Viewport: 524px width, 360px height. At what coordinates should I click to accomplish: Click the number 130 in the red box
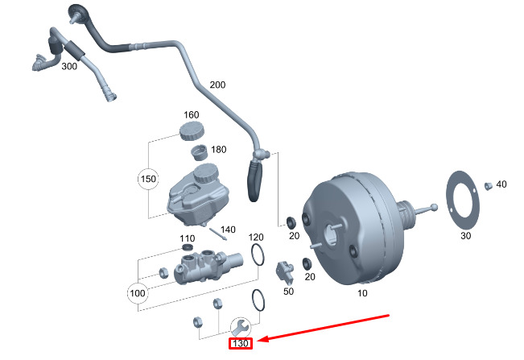tap(240, 344)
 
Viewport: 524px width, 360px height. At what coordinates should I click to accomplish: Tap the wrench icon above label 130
tap(239, 326)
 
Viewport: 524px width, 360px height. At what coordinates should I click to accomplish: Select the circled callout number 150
tap(147, 179)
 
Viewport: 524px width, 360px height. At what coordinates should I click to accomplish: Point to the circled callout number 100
tap(138, 293)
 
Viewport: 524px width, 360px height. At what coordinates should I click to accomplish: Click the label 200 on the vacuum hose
tap(218, 85)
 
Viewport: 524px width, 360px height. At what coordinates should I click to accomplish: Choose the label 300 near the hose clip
tap(69, 66)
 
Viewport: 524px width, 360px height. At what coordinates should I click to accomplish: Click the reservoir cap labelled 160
tap(191, 131)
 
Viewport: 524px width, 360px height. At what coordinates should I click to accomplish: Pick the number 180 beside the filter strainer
tap(218, 151)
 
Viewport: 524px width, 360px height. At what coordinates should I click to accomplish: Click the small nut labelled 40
tap(488, 187)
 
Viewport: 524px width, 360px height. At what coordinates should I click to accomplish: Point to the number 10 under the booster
tap(362, 293)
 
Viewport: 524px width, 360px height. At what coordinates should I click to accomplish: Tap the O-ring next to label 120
tap(258, 256)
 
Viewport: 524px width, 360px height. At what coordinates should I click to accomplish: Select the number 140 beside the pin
tap(228, 230)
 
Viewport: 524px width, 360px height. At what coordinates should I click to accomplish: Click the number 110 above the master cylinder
tap(187, 238)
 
